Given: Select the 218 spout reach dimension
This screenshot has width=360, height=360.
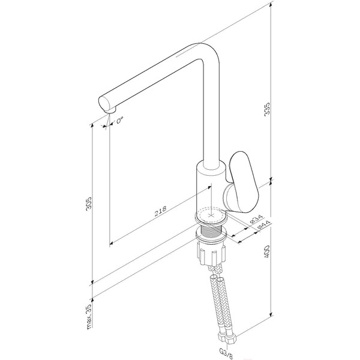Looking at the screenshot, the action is (x=160, y=211).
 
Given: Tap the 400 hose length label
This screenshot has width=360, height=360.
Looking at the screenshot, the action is (x=267, y=252).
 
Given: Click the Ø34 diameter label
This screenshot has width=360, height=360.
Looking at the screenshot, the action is (x=256, y=219).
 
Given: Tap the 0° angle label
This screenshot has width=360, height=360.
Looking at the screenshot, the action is (x=119, y=121).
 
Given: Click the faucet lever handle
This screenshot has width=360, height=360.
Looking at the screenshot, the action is (x=243, y=181).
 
